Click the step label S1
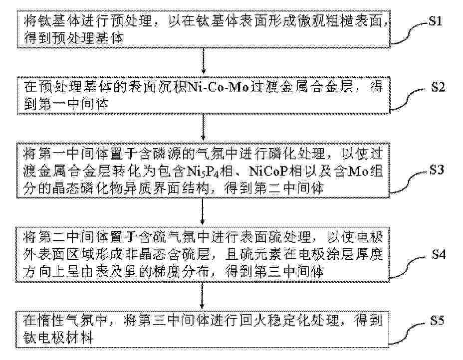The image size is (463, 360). pyautogui.click(x=435, y=21)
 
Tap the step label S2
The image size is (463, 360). pyautogui.click(x=438, y=87)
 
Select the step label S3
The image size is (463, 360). pyautogui.click(x=437, y=170)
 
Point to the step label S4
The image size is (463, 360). pyautogui.click(x=439, y=254)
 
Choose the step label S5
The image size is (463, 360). pyautogui.click(x=437, y=320)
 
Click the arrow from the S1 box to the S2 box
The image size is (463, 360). pyautogui.click(x=203, y=61)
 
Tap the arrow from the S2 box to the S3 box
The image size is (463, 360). pyautogui.click(x=203, y=127)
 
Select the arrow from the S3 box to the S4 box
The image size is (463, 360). pyautogui.click(x=203, y=211)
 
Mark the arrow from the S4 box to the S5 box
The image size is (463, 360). pyautogui.click(x=202, y=295)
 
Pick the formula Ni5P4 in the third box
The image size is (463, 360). pyautogui.click(x=204, y=172)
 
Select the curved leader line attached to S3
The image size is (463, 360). pyautogui.click(x=410, y=183)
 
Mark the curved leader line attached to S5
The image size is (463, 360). pyautogui.click(x=409, y=334)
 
